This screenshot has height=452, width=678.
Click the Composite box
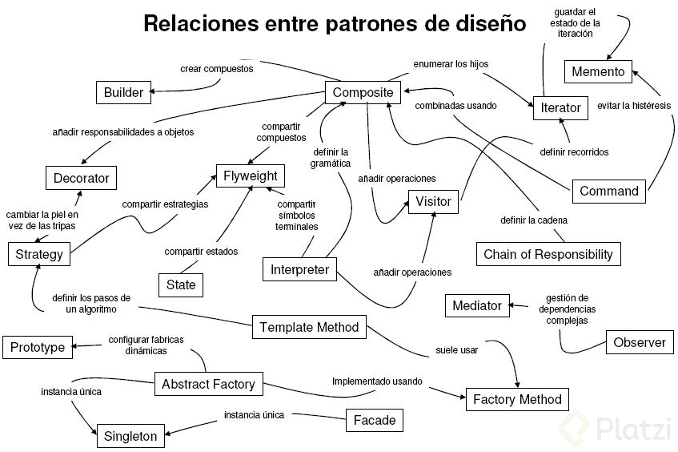pyautogui.click(x=363, y=92)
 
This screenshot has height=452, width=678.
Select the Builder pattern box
pyautogui.click(x=123, y=92)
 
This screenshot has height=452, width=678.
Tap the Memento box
pyautogui.click(x=598, y=71)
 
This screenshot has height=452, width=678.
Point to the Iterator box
pyautogui.click(x=560, y=107)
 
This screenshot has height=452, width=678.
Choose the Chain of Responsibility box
pyautogui.click(x=548, y=254)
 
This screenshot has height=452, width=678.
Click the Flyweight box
pyautogui.click(x=251, y=176)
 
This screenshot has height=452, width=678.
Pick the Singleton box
pyautogui.click(x=131, y=437)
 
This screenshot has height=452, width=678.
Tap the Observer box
pyautogui.click(x=640, y=342)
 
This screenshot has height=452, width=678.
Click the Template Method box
pyautogui.click(x=310, y=327)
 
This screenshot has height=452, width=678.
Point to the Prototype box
pyautogui.click(x=38, y=347)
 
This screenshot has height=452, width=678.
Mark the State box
pyautogui.click(x=181, y=285)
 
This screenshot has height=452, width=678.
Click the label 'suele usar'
pyautogui.click(x=456, y=349)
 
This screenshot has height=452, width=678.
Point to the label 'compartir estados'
pyautogui.click(x=201, y=252)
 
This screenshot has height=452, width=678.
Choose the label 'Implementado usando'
pyautogui.click(x=376, y=381)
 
